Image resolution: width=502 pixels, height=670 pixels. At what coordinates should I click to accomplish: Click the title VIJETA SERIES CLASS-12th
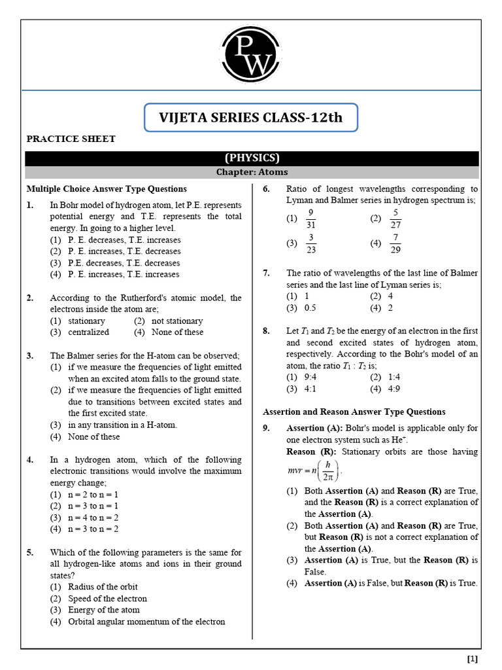251,118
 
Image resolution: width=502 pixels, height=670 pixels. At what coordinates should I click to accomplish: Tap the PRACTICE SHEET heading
71,139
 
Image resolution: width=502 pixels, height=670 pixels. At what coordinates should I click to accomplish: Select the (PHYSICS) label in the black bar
252,158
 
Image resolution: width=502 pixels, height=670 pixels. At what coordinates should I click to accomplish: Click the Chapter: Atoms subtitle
252,172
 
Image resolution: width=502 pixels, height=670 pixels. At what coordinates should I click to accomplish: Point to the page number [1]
473,658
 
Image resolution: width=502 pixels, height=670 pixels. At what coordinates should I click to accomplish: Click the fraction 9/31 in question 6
311,219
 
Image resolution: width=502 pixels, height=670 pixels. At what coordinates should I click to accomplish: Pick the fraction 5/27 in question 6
395,219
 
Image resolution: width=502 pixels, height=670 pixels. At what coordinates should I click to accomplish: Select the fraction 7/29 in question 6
395,243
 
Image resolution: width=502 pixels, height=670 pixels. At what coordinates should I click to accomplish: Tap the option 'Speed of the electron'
107,599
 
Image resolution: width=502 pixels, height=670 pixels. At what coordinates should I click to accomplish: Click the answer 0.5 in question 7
310,308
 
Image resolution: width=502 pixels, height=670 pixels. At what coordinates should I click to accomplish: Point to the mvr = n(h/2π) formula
315,470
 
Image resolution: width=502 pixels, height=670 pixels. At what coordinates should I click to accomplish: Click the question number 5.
30,552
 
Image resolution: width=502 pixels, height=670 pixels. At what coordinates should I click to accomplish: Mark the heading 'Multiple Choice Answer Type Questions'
106,189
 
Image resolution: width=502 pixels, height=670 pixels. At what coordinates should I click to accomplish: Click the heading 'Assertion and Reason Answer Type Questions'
354,412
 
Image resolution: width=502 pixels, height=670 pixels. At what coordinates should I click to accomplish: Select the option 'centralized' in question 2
88,332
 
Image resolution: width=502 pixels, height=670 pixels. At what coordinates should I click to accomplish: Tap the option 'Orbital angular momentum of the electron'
146,622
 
